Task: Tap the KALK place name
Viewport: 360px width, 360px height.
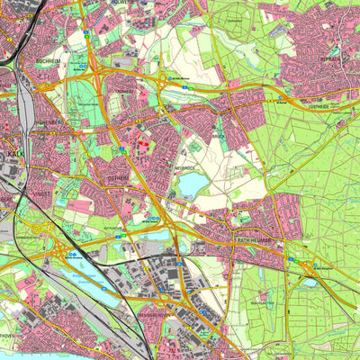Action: coord(13,154)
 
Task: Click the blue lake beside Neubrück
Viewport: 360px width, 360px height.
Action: coord(193,185)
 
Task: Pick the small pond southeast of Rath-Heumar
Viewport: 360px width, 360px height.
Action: coord(310,282)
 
